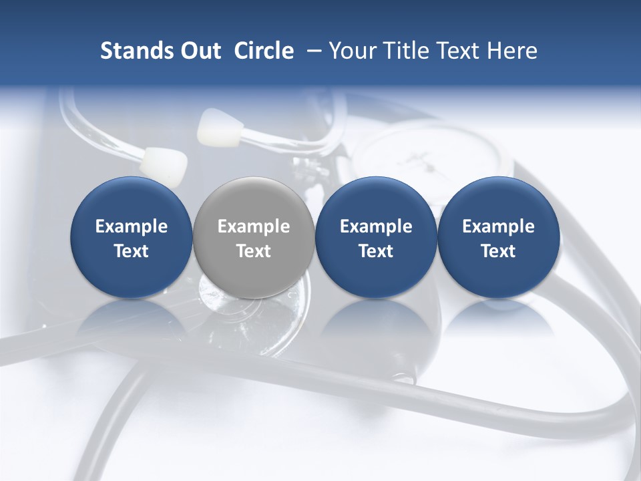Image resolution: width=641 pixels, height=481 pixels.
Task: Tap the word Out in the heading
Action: (x=199, y=51)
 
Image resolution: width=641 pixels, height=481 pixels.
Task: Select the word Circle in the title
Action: (x=264, y=51)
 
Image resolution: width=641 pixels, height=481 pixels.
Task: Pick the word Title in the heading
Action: (x=402, y=51)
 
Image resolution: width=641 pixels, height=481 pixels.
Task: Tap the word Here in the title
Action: (x=513, y=51)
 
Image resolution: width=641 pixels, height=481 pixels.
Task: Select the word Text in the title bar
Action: (x=455, y=51)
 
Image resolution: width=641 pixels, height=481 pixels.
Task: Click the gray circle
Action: (x=254, y=237)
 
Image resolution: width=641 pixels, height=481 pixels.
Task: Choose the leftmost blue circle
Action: (x=132, y=237)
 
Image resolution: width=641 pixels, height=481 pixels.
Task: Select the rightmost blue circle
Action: (x=498, y=237)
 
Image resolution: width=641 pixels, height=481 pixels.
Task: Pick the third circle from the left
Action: (x=376, y=237)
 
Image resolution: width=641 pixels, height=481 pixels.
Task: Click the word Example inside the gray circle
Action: (x=254, y=226)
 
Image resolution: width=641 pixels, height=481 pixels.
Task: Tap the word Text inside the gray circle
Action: (x=254, y=251)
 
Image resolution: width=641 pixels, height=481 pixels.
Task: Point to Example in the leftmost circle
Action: (x=132, y=226)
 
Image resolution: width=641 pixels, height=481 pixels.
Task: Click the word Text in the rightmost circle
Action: (x=498, y=251)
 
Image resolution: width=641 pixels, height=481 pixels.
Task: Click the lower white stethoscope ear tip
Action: (x=164, y=165)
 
